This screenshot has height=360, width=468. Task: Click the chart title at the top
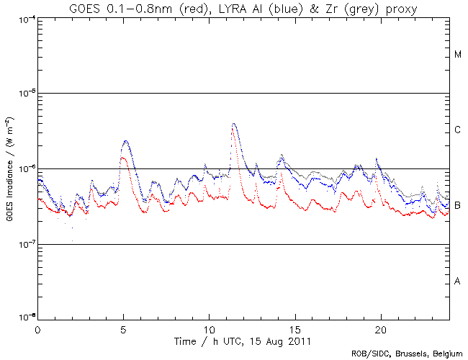[x=244, y=8]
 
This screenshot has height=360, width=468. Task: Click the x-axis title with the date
[x=244, y=339]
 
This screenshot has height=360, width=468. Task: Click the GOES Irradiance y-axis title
[x=9, y=168]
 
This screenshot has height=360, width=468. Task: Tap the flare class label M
[x=458, y=55]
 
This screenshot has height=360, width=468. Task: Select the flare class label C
[x=458, y=130]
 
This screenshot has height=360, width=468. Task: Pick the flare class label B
[x=458, y=206]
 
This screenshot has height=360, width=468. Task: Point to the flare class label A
[x=458, y=282]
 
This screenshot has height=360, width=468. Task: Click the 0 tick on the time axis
[x=37, y=328]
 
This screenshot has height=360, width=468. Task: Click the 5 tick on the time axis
[x=123, y=328]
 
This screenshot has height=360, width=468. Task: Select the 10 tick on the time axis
[x=209, y=328]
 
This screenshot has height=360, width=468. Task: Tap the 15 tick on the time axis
[x=294, y=328]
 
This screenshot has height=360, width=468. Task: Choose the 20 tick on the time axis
[x=380, y=328]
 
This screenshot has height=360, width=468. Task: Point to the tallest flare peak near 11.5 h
[x=234, y=124]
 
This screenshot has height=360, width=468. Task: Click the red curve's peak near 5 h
[x=124, y=158]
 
